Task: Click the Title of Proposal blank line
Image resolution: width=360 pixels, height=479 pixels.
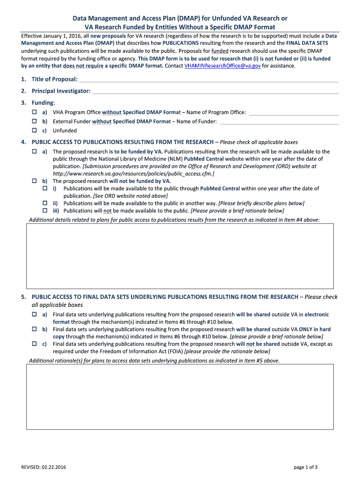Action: (x=209, y=80)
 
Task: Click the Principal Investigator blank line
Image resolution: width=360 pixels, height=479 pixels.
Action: (x=215, y=92)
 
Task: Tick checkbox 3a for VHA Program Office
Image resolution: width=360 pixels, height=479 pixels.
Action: (x=34, y=113)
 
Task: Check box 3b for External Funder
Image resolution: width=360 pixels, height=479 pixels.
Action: (x=34, y=122)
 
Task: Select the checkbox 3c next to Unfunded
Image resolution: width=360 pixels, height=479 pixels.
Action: (x=34, y=131)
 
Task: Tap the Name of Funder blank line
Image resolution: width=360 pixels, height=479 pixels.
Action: (x=279, y=122)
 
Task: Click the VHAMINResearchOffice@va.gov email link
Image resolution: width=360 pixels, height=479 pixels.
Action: (x=223, y=66)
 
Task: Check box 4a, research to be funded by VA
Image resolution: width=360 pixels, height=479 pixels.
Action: (x=34, y=152)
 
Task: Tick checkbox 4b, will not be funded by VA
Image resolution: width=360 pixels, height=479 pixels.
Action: (x=34, y=181)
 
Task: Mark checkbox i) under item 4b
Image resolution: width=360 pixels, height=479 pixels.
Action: (x=45, y=188)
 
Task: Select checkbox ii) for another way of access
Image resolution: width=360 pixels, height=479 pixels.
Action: (x=45, y=203)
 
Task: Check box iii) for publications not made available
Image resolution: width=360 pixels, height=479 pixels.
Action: (x=45, y=210)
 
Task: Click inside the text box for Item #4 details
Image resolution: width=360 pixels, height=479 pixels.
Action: (x=180, y=255)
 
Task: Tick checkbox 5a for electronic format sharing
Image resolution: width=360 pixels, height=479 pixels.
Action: (x=34, y=314)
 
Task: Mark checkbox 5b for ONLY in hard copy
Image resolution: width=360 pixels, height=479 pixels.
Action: (x=34, y=329)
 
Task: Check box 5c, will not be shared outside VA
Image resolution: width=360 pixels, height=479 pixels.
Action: (x=34, y=344)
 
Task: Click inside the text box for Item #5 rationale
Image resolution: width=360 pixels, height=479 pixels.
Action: (x=180, y=397)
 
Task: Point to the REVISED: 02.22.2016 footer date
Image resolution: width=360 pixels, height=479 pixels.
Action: (x=42, y=467)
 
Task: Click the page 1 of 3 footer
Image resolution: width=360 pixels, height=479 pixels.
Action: (x=306, y=467)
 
